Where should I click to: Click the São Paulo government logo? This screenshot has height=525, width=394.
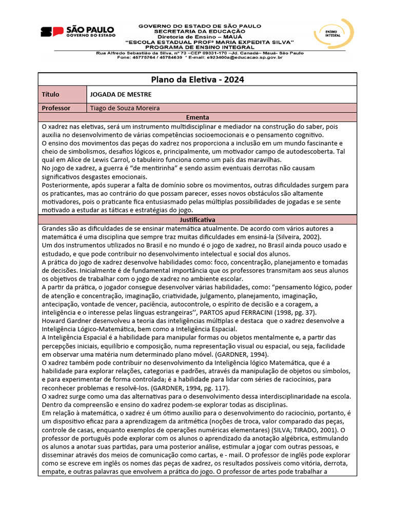(x=77, y=32)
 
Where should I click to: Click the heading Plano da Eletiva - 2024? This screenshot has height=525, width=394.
(x=197, y=79)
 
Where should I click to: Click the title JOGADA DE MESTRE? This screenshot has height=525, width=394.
(x=121, y=94)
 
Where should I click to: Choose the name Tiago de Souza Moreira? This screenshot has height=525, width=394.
(x=125, y=108)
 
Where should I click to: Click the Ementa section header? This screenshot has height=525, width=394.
(x=197, y=117)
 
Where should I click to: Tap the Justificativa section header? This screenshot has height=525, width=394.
(x=197, y=219)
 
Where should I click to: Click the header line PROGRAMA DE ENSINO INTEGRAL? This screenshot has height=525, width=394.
(x=200, y=47)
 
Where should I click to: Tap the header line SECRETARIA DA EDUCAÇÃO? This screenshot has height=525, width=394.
(x=200, y=31)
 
